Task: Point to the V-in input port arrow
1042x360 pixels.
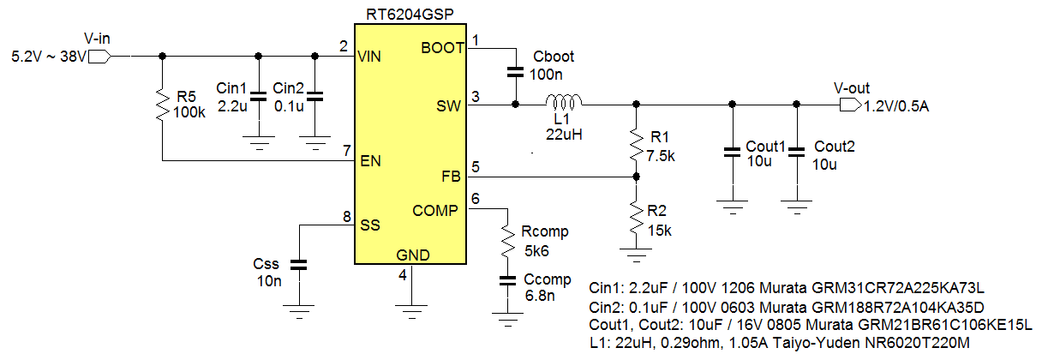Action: click(x=100, y=57)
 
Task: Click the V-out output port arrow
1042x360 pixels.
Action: click(x=850, y=105)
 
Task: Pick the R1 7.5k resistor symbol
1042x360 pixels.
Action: click(x=635, y=143)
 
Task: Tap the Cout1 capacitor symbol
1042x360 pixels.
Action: click(x=731, y=152)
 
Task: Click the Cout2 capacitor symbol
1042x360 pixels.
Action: click(x=796, y=152)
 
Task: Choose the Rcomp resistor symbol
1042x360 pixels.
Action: click(x=508, y=243)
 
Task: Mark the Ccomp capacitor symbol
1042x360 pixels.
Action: click(x=508, y=285)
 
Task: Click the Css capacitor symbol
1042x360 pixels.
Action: click(x=298, y=266)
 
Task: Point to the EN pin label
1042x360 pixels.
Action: click(x=369, y=160)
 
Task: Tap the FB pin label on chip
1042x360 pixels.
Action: click(x=450, y=177)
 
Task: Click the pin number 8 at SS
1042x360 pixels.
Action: click(x=346, y=217)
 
